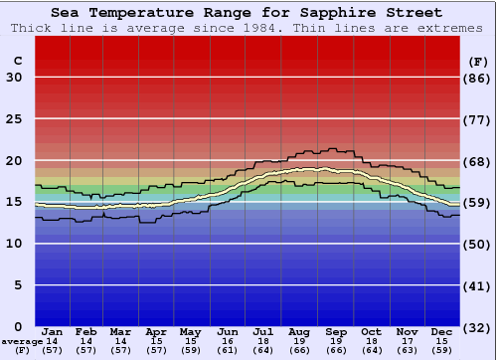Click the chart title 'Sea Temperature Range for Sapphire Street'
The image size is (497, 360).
click(x=247, y=13)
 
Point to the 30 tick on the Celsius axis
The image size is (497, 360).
click(x=14, y=78)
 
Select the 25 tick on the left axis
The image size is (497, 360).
click(x=14, y=119)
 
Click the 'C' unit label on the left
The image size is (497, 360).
click(x=17, y=61)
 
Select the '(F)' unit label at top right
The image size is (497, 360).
click(x=478, y=61)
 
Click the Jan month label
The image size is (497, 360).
click(x=53, y=331)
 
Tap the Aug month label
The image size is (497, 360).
click(x=299, y=331)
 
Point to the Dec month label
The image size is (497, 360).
click(x=442, y=331)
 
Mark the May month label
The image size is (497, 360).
click(x=189, y=331)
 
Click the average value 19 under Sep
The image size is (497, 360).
click(x=335, y=341)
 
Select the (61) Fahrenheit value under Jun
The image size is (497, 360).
click(x=228, y=350)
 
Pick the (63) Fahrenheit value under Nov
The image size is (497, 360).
click(x=407, y=350)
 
